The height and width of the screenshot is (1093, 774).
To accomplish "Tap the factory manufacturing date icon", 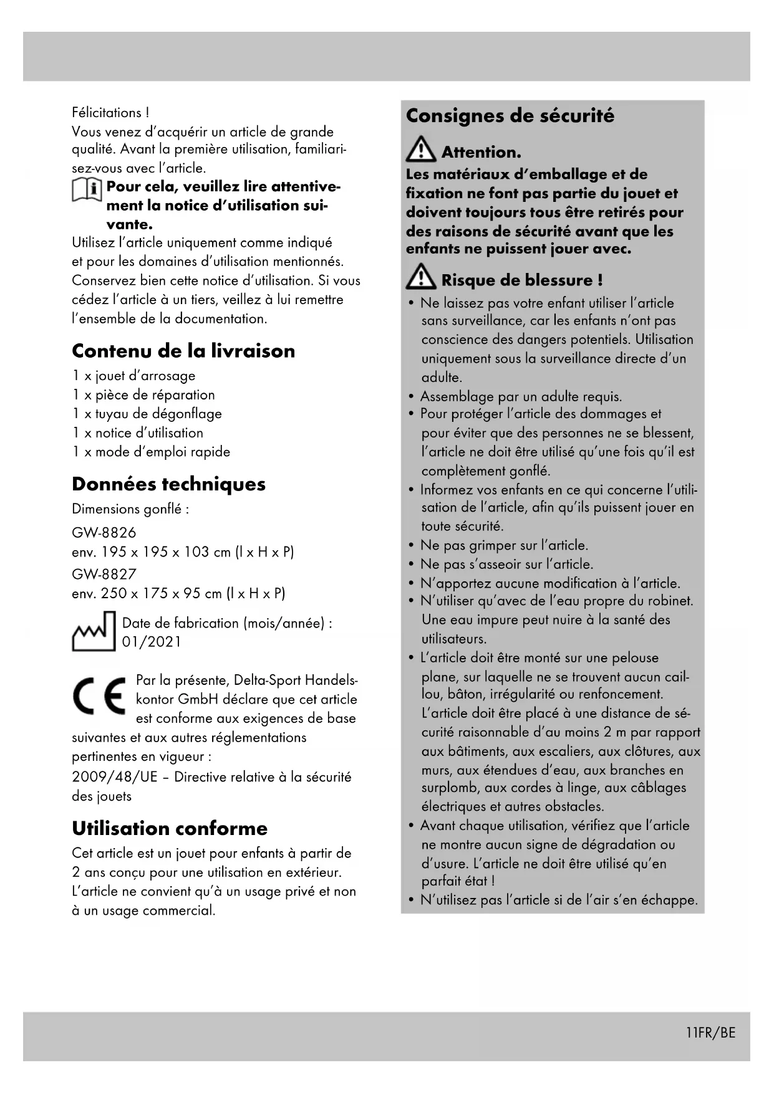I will (94, 632).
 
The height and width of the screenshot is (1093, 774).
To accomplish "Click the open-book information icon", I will (87, 189).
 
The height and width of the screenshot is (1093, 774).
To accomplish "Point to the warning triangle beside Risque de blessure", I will (421, 278).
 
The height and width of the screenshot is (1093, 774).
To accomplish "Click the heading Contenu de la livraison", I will (183, 351).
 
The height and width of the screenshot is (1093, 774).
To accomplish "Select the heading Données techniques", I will (168, 484).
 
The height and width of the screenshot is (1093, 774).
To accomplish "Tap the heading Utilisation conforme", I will (170, 828).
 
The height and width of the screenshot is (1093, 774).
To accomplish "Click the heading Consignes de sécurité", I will (510, 116).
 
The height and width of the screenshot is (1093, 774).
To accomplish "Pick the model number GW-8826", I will (104, 533).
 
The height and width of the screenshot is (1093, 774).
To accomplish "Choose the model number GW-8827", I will (104, 574).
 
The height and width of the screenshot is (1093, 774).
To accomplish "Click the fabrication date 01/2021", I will (152, 642).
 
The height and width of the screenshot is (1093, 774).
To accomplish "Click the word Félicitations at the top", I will (107, 113).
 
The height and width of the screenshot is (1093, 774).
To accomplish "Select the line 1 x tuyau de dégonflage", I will (147, 414).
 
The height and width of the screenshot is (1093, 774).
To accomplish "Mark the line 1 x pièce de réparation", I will (143, 395).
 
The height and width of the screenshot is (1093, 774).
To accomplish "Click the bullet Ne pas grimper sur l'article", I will (504, 545).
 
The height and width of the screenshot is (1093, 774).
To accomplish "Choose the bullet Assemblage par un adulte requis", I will (521, 396).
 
